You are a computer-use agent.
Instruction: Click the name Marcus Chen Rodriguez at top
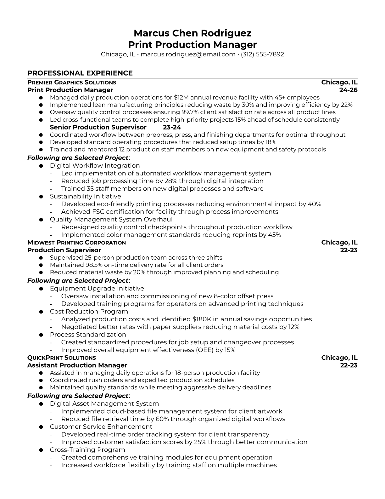[x=192, y=33]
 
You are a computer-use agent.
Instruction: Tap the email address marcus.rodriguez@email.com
[x=188, y=54]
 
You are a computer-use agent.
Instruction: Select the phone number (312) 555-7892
[x=262, y=54]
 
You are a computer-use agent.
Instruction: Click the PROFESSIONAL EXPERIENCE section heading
[x=80, y=73]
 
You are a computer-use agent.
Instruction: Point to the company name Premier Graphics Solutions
[x=72, y=83]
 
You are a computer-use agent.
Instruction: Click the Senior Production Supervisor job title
[x=98, y=127]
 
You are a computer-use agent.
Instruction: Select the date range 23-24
[x=172, y=127]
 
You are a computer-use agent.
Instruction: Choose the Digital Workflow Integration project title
[x=95, y=166]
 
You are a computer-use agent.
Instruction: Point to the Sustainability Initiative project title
[x=85, y=197]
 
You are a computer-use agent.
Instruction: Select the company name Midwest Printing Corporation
[x=76, y=243]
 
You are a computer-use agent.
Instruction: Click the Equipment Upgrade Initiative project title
[x=97, y=289]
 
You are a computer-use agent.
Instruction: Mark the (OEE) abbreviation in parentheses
[x=204, y=350]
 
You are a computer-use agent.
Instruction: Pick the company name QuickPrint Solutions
[x=62, y=358]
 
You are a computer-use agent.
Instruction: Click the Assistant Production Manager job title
[x=77, y=365]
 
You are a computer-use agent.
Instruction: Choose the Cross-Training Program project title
[x=87, y=450]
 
